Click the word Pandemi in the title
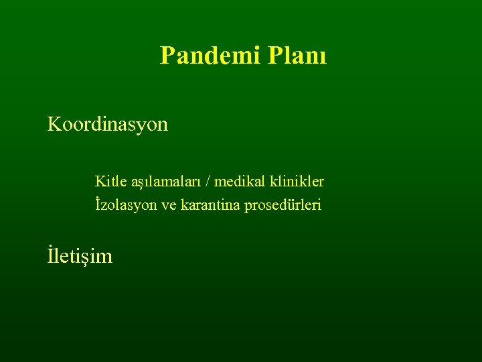210,55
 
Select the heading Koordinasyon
108,125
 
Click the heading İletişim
80,255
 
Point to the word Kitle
110,181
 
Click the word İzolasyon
126,204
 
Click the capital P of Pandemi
167,55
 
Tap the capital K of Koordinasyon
54,124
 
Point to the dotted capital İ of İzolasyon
98,204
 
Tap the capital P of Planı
273,55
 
